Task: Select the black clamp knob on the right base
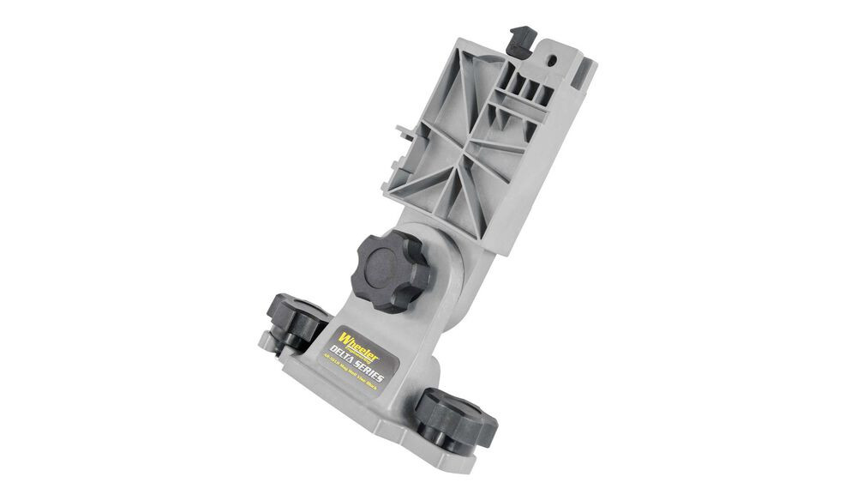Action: [458, 415]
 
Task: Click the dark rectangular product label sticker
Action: [363, 352]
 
